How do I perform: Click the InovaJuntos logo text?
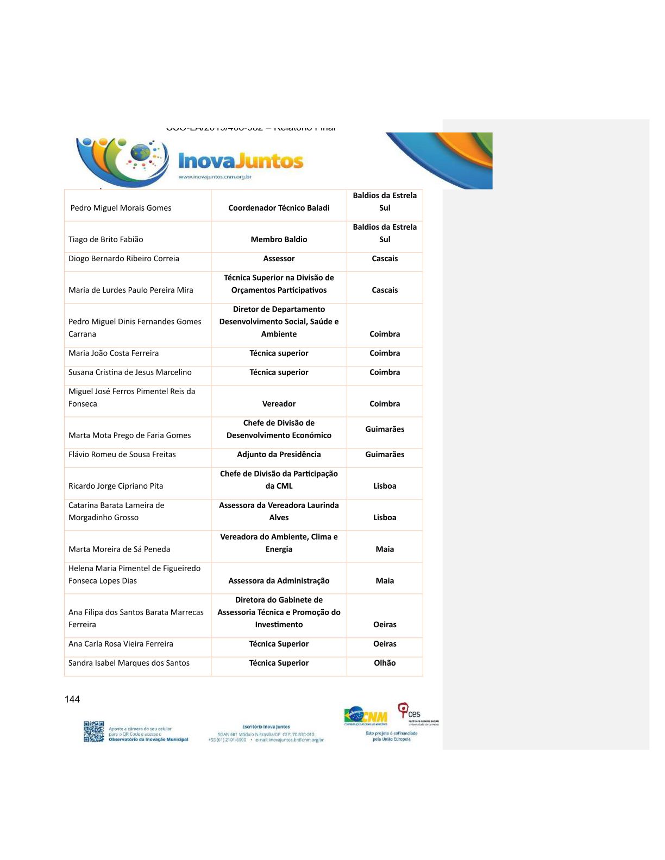coord(241,161)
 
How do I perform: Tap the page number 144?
coord(72,699)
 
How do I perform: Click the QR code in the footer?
coord(93,731)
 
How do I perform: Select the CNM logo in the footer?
coord(366,716)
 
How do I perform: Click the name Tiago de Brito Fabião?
coord(106,239)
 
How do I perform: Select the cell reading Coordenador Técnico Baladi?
coord(279,208)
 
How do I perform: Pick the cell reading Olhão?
coord(385,663)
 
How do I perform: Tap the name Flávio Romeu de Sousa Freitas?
coord(122,454)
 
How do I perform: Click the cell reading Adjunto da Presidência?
coord(279,454)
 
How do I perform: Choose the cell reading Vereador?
coord(279,404)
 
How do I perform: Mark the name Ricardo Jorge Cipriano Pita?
coord(116,486)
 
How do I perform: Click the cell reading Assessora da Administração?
coord(279,581)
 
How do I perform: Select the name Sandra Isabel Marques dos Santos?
coord(129,663)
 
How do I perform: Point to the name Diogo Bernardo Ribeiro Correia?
coord(124,258)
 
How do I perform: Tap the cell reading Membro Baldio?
coord(279,239)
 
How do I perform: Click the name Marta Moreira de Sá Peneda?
coord(120,549)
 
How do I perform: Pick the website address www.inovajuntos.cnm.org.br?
coord(215,177)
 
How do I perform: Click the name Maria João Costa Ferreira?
coord(114,353)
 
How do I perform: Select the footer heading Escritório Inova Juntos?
coord(266,726)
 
